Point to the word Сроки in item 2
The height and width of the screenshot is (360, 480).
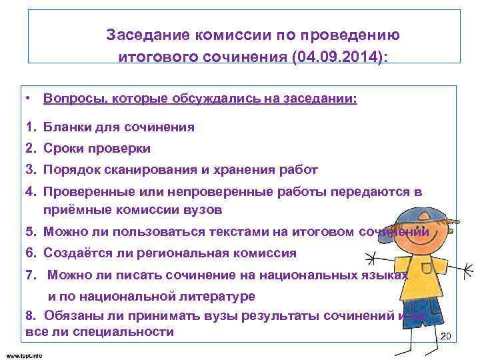click(x=63, y=148)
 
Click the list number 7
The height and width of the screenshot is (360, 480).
click(x=29, y=274)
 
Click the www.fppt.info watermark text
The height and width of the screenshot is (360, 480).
click(x=24, y=355)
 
